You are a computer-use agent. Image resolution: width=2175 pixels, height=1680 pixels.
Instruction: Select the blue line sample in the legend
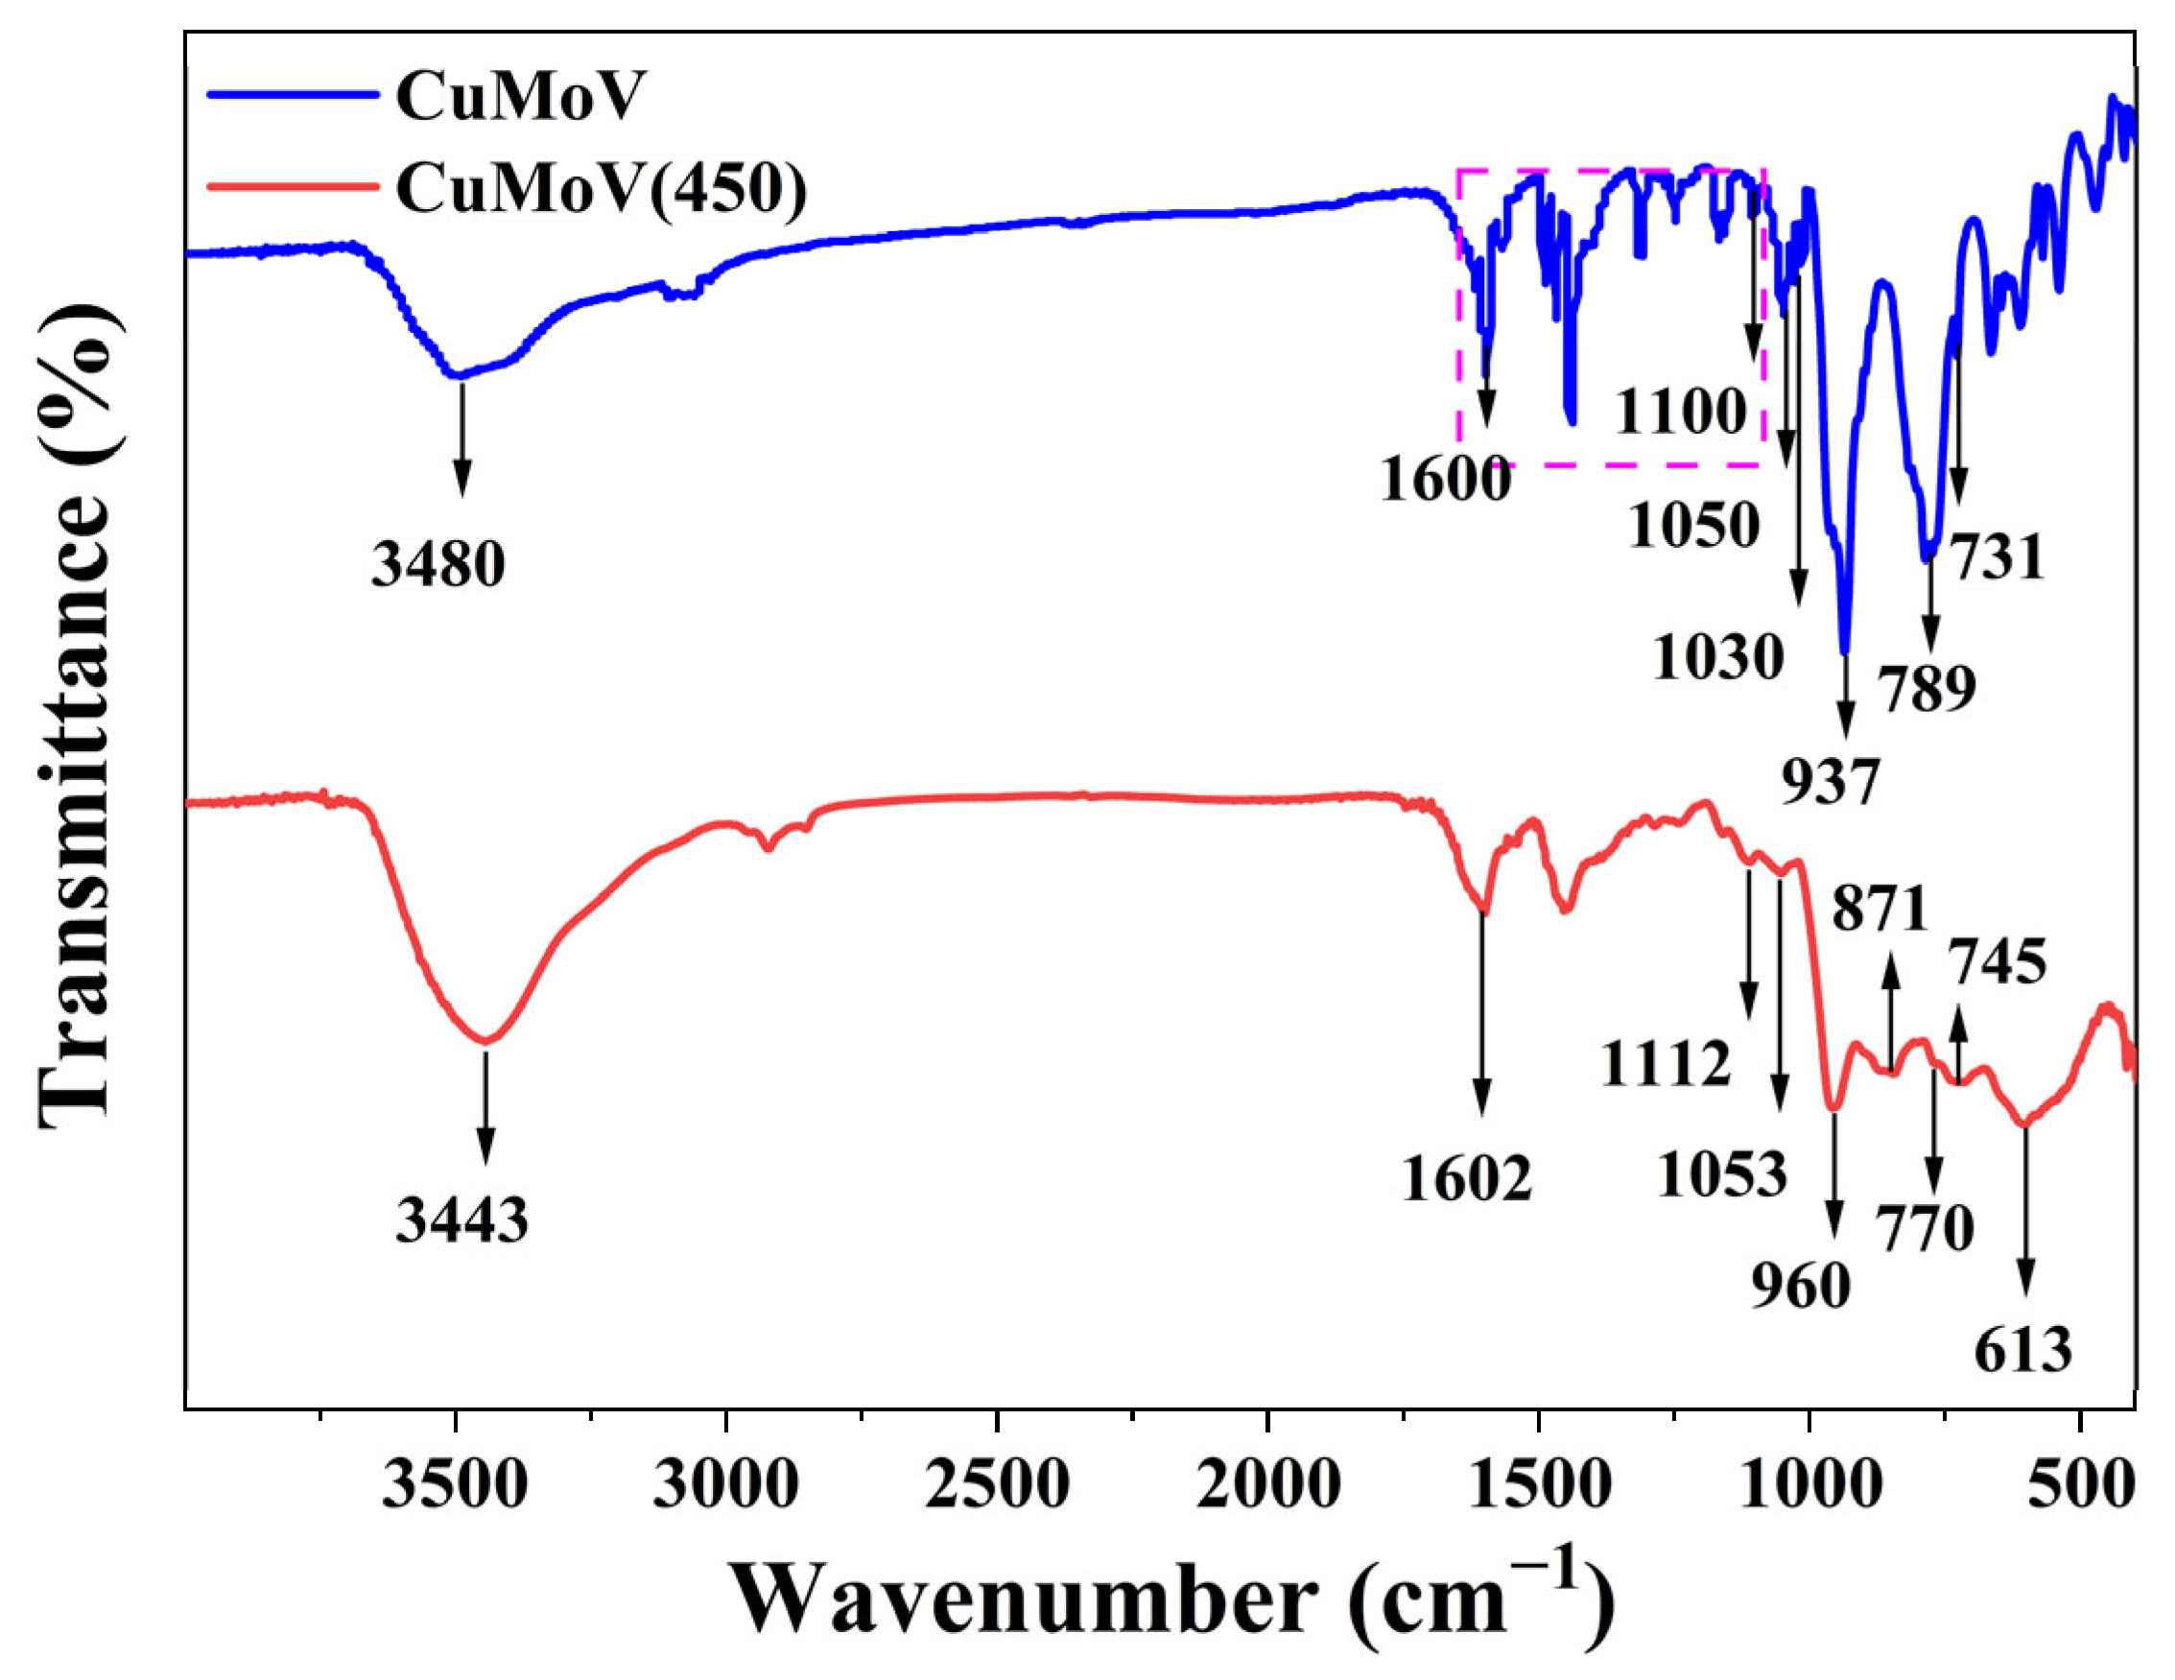293,96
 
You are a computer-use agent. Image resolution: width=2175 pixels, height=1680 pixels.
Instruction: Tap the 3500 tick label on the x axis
455,1489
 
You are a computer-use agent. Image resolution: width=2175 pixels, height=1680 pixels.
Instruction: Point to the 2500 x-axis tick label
996,1489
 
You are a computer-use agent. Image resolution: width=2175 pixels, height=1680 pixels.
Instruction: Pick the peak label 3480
438,565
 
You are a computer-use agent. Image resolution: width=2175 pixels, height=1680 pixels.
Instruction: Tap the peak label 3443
461,1219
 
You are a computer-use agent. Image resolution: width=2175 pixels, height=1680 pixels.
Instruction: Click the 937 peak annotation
1830,782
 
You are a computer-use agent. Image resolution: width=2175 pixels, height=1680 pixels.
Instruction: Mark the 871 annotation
1880,909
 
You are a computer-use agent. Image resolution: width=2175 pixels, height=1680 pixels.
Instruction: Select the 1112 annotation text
1667,1065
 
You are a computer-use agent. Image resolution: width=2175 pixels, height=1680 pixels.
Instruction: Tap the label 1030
1718,658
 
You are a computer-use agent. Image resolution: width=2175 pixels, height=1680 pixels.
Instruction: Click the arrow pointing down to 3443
486,1105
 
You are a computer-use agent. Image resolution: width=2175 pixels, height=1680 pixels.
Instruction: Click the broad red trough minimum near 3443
486,1041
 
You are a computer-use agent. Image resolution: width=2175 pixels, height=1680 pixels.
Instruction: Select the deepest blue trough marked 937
1844,652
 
